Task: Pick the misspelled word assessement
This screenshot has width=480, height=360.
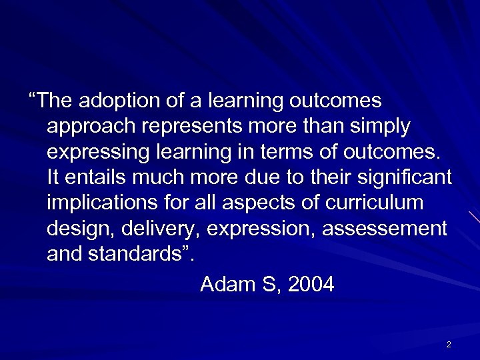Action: [x=384, y=228]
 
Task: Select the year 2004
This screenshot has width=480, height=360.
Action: [x=310, y=285]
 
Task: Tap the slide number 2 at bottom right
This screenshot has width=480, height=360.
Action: [x=449, y=345]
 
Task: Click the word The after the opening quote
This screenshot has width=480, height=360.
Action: [x=55, y=101]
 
